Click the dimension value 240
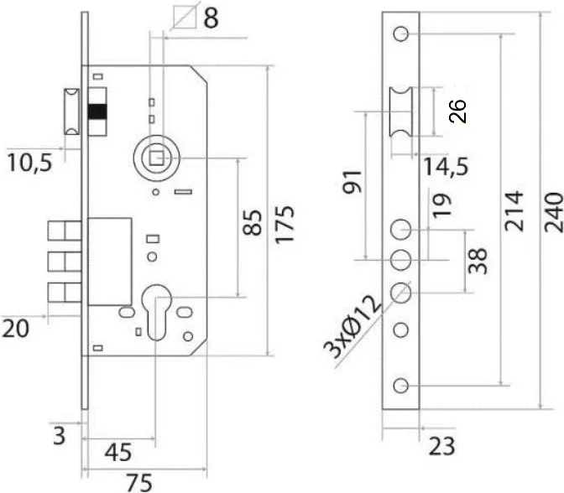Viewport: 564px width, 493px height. click(554, 212)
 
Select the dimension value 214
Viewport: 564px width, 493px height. click(514, 211)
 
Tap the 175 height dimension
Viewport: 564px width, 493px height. click(285, 225)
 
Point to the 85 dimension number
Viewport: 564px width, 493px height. click(252, 222)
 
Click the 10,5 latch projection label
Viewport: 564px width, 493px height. click(29, 163)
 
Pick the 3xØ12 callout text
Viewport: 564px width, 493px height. click(352, 327)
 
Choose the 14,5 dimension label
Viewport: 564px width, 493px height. click(446, 166)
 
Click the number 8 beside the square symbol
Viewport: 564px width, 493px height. click(211, 18)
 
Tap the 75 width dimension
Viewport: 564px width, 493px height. click(139, 483)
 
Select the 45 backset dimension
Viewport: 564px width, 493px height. click(118, 453)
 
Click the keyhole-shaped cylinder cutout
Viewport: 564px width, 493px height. click(156, 312)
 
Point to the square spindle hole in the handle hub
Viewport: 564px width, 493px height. click(156, 158)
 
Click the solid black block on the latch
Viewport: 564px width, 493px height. click(97, 112)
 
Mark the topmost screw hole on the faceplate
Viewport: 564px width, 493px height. click(400, 34)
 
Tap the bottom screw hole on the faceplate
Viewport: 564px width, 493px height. click(400, 386)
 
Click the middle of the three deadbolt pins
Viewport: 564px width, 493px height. click(65, 262)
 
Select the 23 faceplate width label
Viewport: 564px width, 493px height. click(442, 447)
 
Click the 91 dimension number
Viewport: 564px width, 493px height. click(352, 183)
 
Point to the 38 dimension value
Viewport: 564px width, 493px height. click(477, 261)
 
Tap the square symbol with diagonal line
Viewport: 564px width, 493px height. click(185, 17)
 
